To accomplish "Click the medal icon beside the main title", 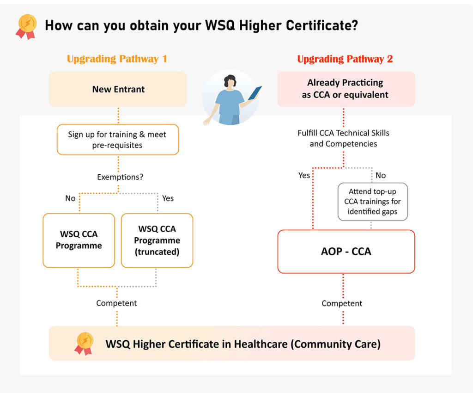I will (x=26, y=25).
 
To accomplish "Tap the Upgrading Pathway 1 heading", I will (x=117, y=59).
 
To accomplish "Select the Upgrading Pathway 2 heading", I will (x=345, y=59).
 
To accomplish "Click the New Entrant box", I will (x=118, y=89).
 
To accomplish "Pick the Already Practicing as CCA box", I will (x=346, y=89).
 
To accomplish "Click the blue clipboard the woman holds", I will (x=255, y=93).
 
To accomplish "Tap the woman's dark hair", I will (x=230, y=81).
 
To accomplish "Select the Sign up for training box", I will (x=117, y=139).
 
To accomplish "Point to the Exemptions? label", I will (x=117, y=177).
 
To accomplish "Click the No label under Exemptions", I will (x=70, y=198).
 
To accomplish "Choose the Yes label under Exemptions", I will (x=168, y=198).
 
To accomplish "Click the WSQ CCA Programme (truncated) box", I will (x=157, y=240).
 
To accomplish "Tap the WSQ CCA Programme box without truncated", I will (x=79, y=240).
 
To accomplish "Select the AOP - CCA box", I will (x=346, y=252).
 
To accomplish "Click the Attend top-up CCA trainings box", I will (x=372, y=202).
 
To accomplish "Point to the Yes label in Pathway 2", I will (x=304, y=176).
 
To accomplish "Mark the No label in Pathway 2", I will (x=381, y=176).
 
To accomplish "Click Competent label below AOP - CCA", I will (x=342, y=304).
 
